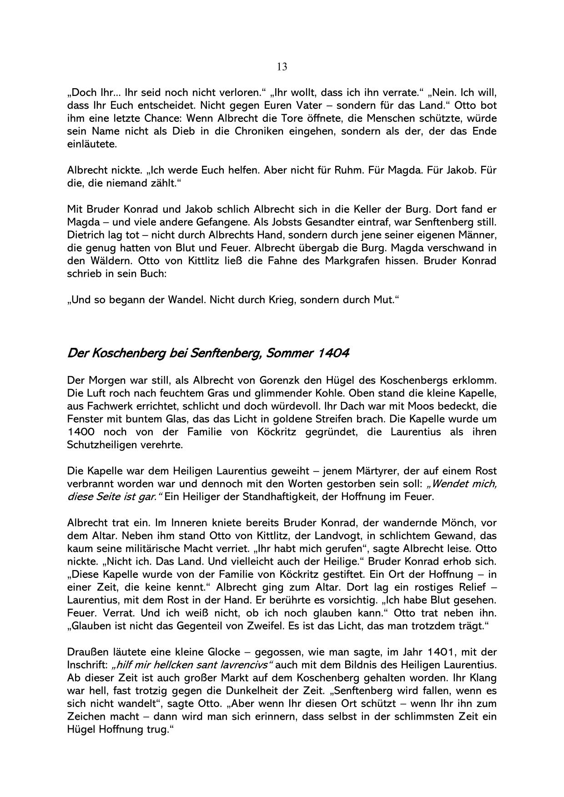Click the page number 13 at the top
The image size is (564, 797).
282,67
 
